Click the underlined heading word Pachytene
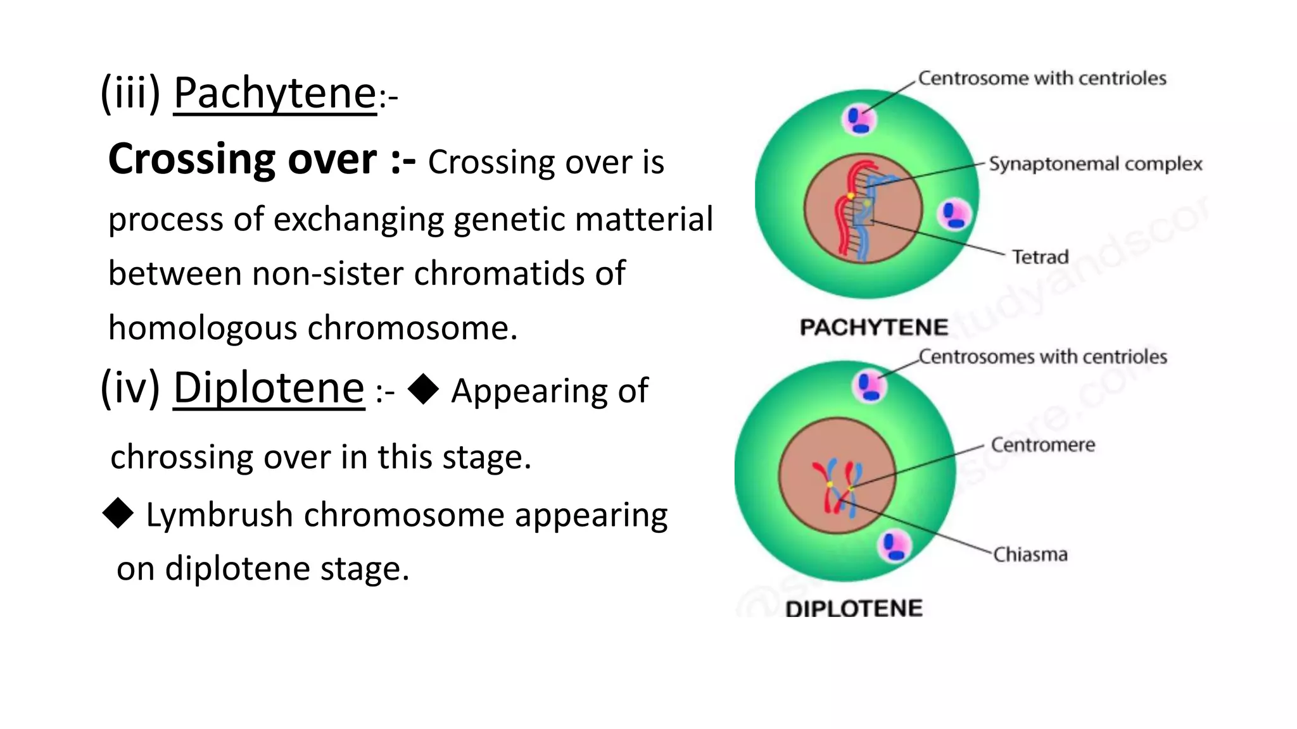click(x=275, y=94)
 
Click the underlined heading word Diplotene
click(x=269, y=388)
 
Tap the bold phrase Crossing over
click(x=243, y=159)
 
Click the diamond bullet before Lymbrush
click(x=118, y=513)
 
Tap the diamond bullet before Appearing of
click(x=423, y=388)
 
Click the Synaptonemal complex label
click(x=1095, y=164)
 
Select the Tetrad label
click(x=1040, y=257)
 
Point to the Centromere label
click(x=1042, y=445)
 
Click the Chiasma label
click(x=1030, y=555)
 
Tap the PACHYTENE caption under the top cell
click(x=874, y=327)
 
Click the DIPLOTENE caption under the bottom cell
click(x=854, y=609)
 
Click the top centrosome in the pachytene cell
click(x=859, y=120)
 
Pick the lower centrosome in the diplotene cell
click(x=894, y=546)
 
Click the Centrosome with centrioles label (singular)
click(x=1042, y=78)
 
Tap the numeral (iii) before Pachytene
click(x=130, y=94)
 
